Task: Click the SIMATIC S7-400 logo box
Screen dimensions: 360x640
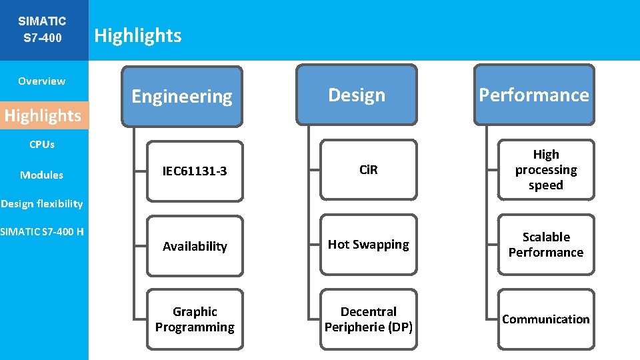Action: coord(43,30)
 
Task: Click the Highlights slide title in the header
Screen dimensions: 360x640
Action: coord(138,35)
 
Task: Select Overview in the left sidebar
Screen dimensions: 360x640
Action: coord(41,81)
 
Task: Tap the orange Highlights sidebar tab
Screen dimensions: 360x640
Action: coord(43,115)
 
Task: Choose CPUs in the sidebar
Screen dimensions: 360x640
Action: coord(41,144)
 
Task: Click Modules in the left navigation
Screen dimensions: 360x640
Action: coord(41,175)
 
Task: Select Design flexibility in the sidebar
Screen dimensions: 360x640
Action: coord(41,203)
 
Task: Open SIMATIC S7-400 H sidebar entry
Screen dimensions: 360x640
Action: coord(42,231)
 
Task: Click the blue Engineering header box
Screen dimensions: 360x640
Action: coord(182,96)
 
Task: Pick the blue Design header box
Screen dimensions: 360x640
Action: coord(357,95)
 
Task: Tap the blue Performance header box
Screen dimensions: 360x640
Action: coord(533,95)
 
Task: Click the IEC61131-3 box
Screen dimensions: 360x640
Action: coord(195,171)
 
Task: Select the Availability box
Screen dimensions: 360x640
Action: coord(195,246)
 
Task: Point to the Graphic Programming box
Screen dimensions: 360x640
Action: coord(195,319)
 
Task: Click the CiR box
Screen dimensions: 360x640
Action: coord(368,169)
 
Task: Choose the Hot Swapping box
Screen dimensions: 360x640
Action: coord(368,244)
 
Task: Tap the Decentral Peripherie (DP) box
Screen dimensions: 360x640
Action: coord(368,319)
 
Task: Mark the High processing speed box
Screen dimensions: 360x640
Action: coord(545,170)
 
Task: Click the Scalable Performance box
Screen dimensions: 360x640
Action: coord(545,245)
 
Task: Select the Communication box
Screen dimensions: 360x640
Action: coord(545,319)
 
